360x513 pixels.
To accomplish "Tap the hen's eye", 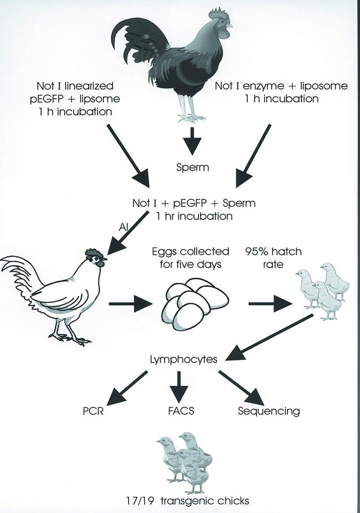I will (x=97, y=260).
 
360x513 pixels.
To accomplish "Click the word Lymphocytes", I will (x=183, y=359).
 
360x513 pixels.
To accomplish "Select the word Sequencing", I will (x=268, y=411).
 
